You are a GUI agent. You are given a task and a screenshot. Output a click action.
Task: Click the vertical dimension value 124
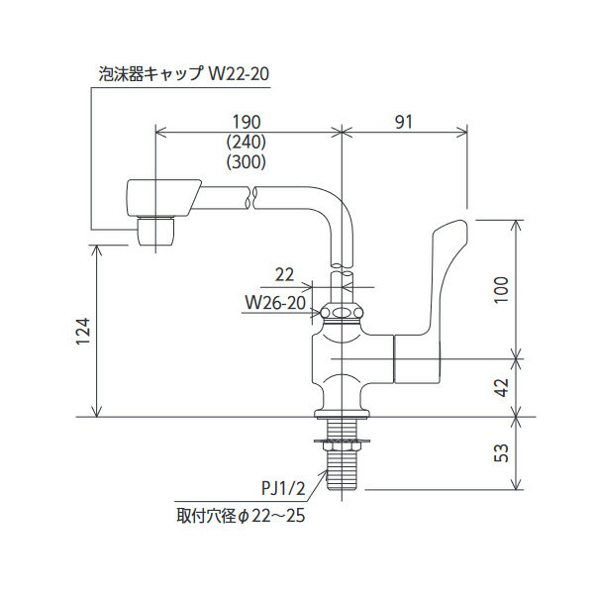tap(83, 333)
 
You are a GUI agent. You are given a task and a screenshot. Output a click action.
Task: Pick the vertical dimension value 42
tap(503, 387)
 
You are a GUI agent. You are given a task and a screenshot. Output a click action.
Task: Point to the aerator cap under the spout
tap(155, 231)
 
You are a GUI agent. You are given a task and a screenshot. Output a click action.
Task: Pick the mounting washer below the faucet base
tap(341, 437)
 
